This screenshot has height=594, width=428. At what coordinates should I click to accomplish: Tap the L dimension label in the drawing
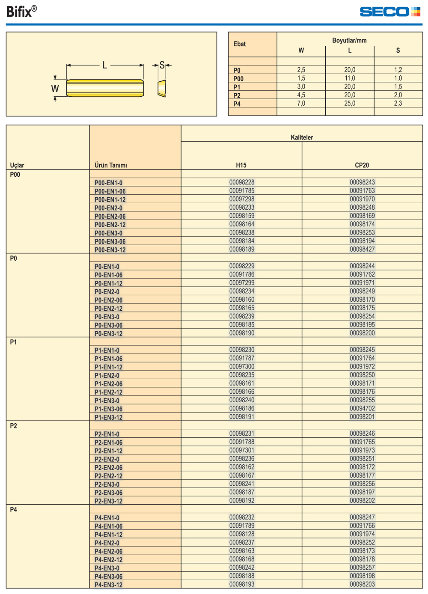[x=105, y=65]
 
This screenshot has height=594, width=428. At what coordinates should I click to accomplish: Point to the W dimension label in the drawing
[x=55, y=89]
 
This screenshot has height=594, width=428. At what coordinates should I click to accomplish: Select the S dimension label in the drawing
[x=162, y=65]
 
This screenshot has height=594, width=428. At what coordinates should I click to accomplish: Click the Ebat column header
[x=240, y=44]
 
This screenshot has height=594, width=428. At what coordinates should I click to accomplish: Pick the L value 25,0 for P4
[x=350, y=104]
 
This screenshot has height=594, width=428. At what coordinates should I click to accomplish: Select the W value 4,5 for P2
[x=301, y=95]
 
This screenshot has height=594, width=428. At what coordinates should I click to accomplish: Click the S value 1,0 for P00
[x=398, y=78]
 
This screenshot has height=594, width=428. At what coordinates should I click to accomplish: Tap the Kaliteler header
[x=302, y=137]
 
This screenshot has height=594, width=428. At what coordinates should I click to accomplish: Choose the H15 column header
[x=241, y=165]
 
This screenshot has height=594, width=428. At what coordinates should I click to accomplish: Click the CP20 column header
[x=362, y=165]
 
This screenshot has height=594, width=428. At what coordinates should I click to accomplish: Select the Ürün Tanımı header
[x=111, y=165]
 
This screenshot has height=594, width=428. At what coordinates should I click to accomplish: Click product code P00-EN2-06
[x=110, y=217]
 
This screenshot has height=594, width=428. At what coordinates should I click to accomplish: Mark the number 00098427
[x=362, y=249]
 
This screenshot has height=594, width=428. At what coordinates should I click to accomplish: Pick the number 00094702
[x=362, y=409]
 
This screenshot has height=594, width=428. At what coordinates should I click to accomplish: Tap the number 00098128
[x=242, y=534]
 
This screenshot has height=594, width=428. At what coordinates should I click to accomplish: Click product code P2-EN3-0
[x=107, y=484]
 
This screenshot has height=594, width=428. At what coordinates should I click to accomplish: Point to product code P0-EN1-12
[x=108, y=283]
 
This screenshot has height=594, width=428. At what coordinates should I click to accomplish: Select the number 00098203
[x=362, y=585]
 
